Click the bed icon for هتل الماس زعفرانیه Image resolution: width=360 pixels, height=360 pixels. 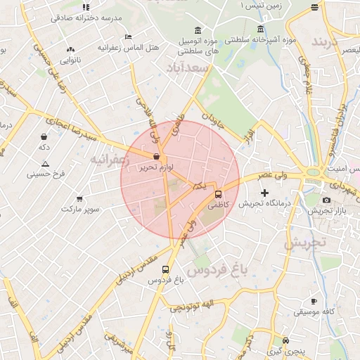pos(127,37)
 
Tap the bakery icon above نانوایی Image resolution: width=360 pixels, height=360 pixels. pos(70,50)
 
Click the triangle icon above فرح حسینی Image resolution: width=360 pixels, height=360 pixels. pos(45,162)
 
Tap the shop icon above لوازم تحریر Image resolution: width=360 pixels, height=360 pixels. pos(155,157)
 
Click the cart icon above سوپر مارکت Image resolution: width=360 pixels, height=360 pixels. pos(79,198)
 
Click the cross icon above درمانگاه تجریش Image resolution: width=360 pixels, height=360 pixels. pos(264,193)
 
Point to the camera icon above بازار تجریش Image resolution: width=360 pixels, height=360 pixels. pos(327,200)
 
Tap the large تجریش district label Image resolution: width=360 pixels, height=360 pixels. pos(305,242)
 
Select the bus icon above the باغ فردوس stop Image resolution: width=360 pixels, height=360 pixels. pos(165,269)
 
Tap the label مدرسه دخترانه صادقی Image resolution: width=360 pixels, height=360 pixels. pos(86,17)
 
